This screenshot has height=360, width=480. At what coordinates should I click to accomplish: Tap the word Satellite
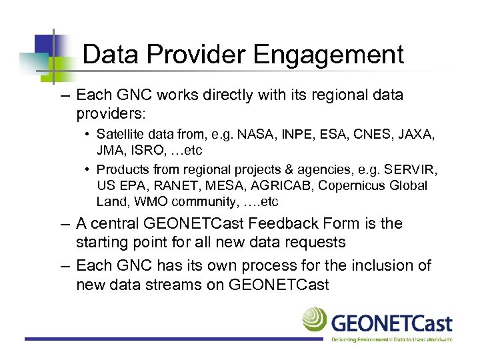click(x=123, y=135)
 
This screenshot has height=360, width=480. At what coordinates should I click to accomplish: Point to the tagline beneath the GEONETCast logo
click(x=392, y=339)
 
